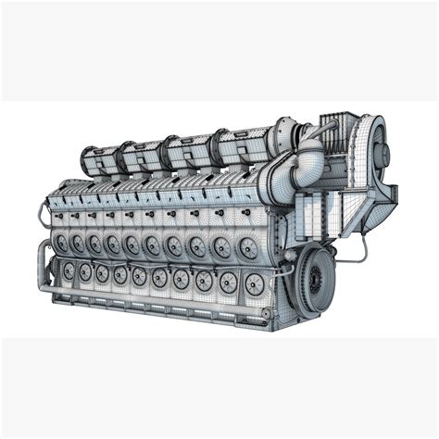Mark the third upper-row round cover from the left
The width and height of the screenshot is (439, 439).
pyautogui.click(x=94, y=243)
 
